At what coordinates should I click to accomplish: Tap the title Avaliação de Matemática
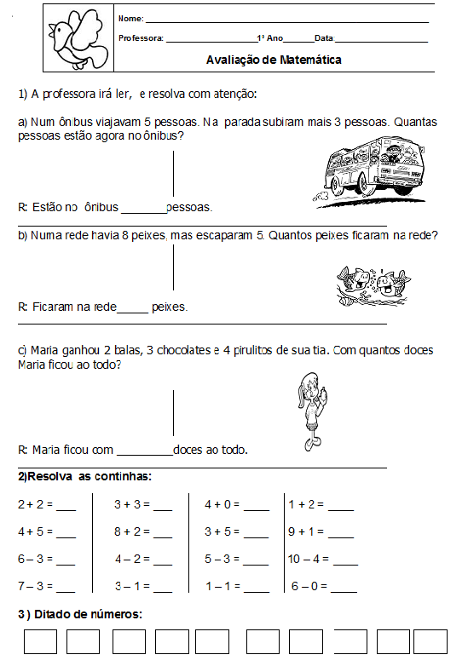[x=274, y=60]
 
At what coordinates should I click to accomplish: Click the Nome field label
[x=130, y=19]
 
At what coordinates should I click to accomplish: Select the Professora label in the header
[x=141, y=38]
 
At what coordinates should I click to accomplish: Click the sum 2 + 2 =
[x=36, y=504]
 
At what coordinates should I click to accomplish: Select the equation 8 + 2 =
[x=132, y=532]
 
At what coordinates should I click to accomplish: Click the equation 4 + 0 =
[x=222, y=504]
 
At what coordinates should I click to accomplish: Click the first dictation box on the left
[x=40, y=641]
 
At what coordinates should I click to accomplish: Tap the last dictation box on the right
[x=430, y=641]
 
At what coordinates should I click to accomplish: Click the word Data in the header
[x=324, y=38]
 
